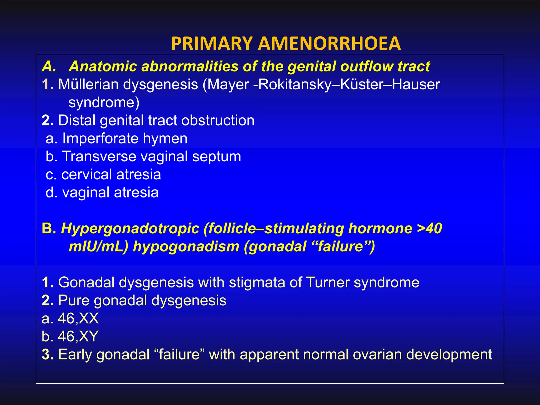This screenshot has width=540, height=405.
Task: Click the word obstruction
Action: (x=218, y=120)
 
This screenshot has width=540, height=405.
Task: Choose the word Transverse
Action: (x=99, y=156)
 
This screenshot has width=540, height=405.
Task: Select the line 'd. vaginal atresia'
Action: (x=102, y=192)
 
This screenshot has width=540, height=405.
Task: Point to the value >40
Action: (x=429, y=228)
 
